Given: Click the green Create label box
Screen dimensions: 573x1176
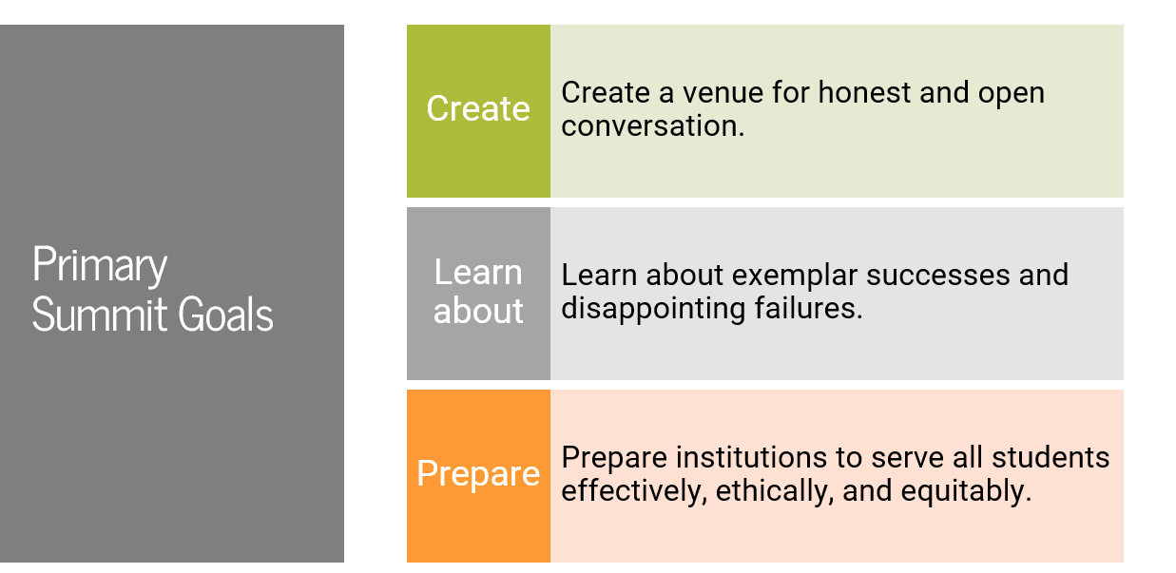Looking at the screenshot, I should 478,110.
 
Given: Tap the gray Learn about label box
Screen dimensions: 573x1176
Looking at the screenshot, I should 478,293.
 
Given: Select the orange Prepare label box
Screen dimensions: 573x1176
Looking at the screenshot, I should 478,474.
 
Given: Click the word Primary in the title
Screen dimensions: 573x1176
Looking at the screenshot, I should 100,266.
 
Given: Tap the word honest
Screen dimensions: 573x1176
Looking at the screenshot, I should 864,93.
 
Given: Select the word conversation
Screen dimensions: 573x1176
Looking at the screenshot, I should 652,125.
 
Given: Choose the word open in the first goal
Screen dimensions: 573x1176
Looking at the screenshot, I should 1011,93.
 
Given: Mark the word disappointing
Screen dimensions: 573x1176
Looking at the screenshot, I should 655,308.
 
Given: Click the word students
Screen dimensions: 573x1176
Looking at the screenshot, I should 1050,457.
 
